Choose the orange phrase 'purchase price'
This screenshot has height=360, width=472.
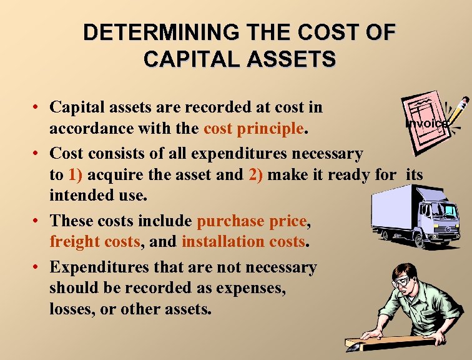click(252, 221)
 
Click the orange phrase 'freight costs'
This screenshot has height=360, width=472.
click(95, 242)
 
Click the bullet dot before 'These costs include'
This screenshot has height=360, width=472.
click(37, 221)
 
